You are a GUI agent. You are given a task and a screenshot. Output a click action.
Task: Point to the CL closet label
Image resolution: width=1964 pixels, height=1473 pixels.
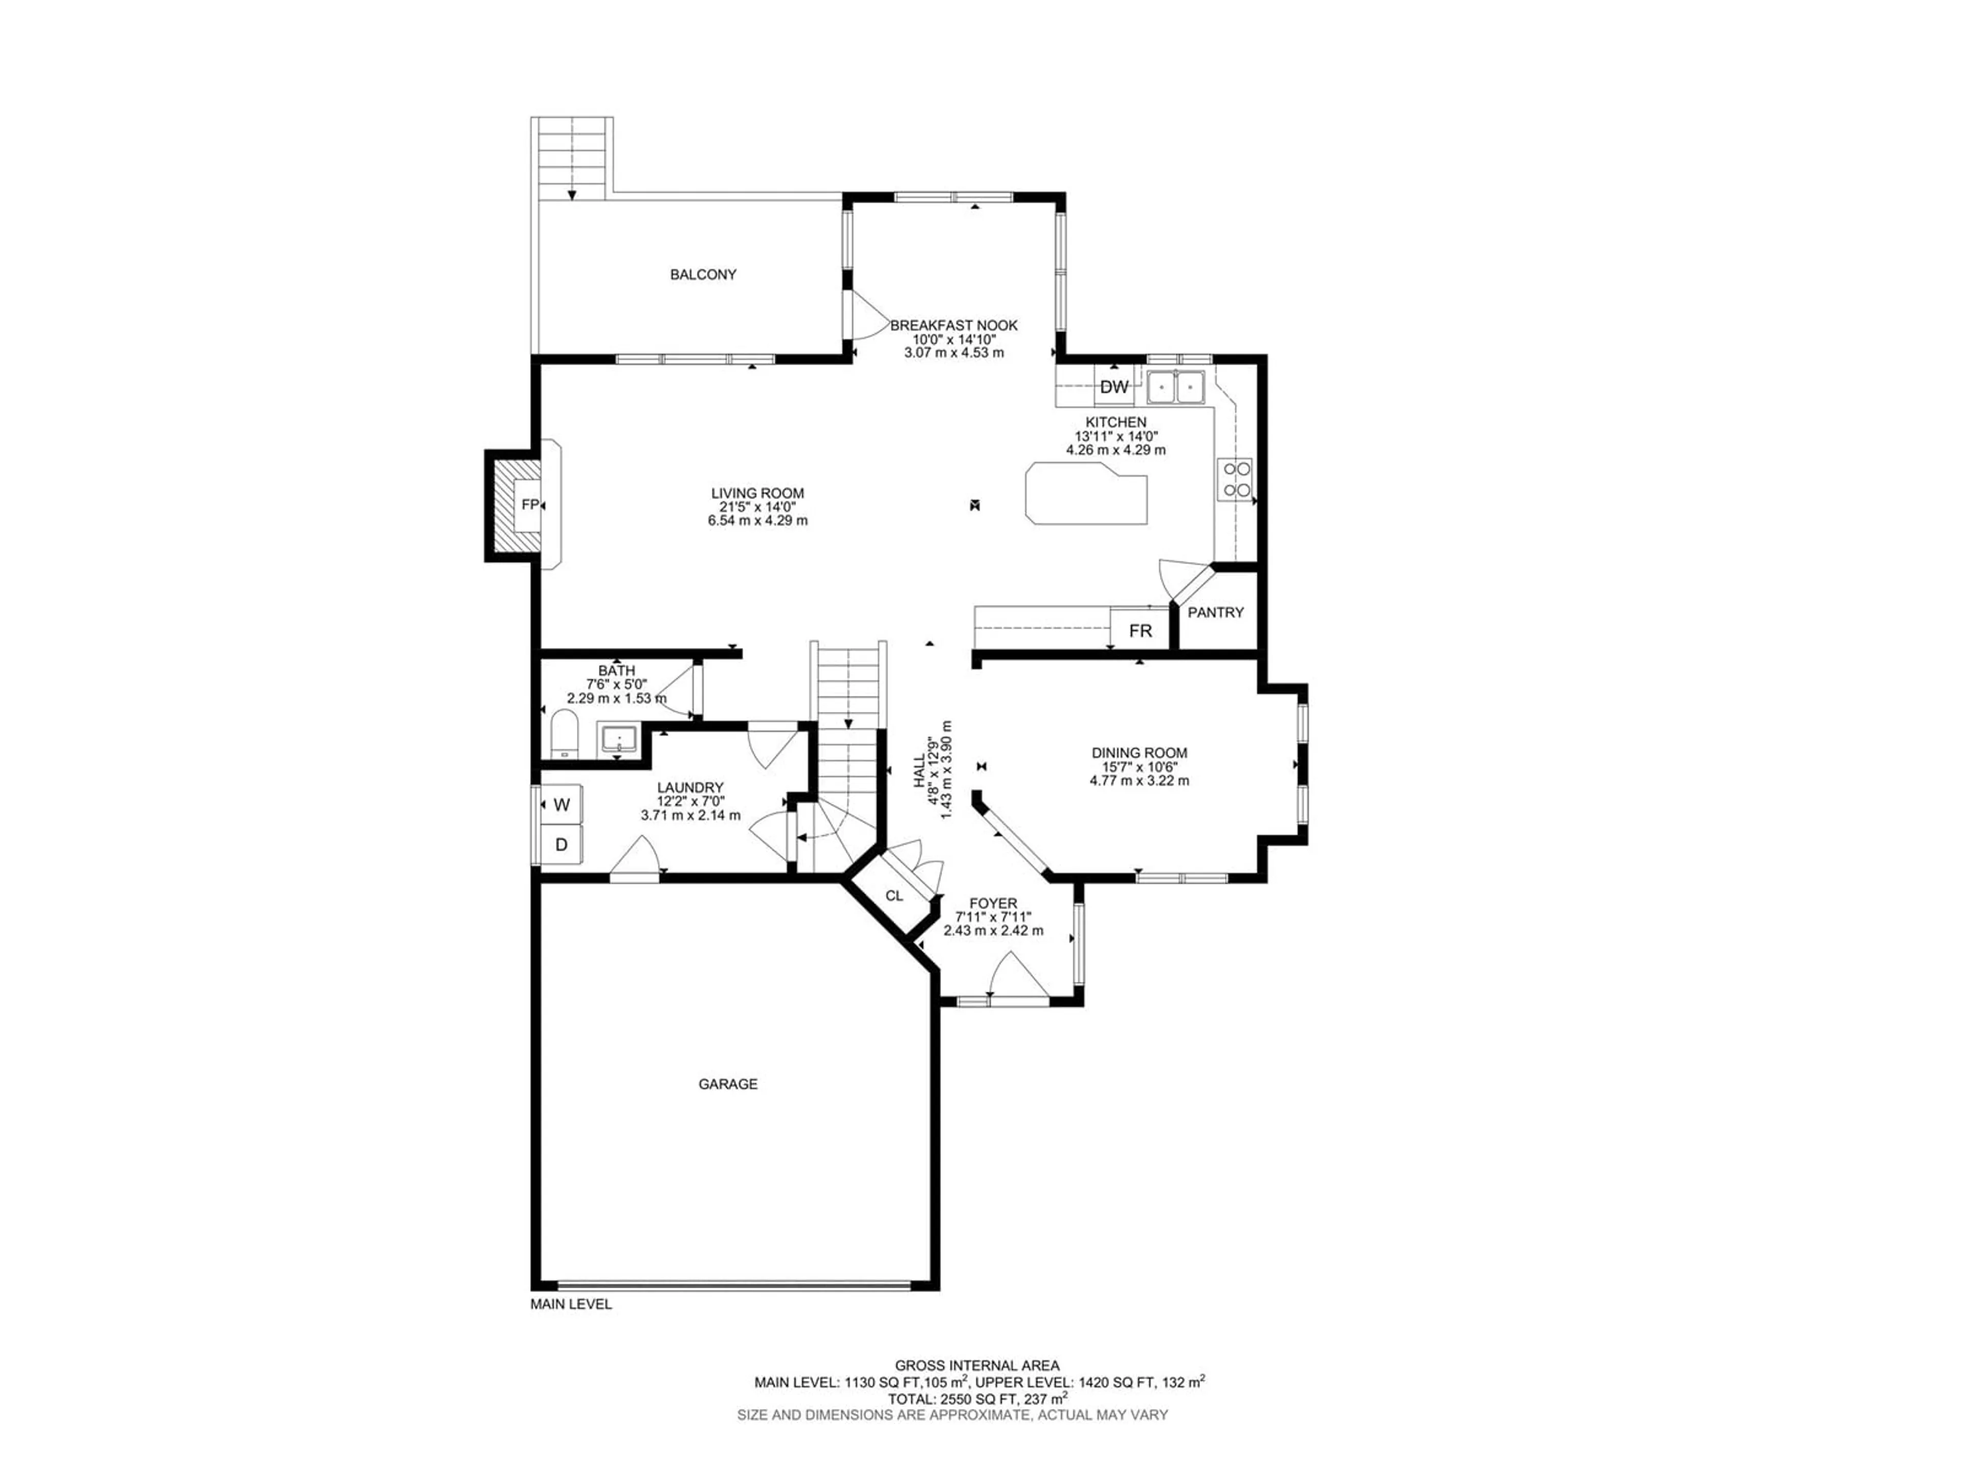coord(894,896)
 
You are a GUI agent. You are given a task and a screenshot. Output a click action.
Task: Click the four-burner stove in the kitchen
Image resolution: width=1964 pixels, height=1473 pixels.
coord(1236,479)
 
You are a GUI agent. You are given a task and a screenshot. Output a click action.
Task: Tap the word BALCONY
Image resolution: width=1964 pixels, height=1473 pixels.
coord(703,274)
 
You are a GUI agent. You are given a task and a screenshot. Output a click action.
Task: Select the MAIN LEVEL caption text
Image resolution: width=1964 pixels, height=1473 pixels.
coord(571,1304)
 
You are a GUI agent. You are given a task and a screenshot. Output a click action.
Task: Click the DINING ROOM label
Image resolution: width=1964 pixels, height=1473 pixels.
coord(1139,753)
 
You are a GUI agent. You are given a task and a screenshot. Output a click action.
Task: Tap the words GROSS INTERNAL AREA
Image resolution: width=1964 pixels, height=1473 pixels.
coord(977,1366)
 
